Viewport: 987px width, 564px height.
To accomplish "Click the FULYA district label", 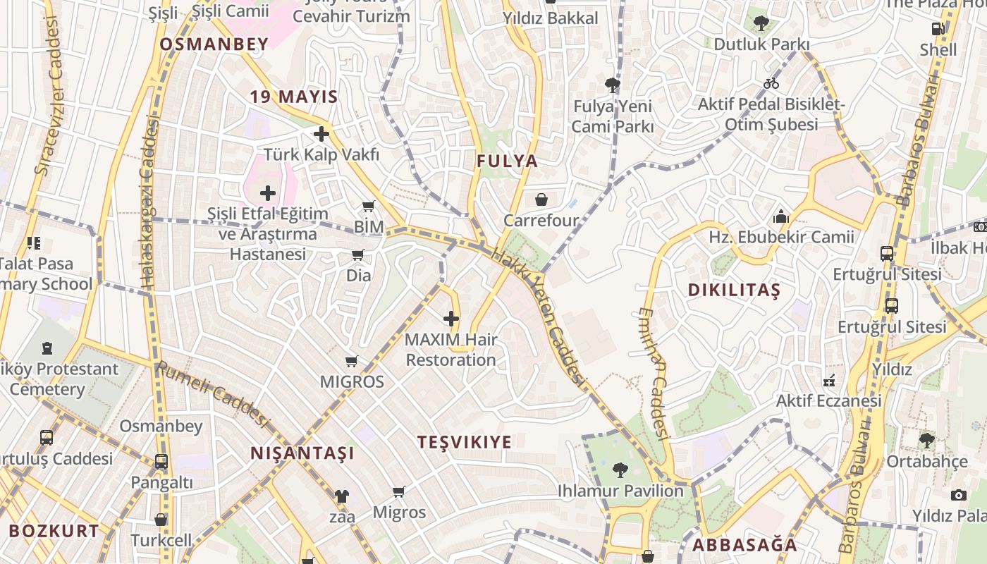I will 507,161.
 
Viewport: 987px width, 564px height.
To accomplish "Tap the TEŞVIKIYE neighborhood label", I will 465,442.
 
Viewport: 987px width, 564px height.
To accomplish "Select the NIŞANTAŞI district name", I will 302,453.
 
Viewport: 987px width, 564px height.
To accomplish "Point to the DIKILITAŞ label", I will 734,290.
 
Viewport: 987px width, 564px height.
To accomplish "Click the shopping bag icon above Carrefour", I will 541,200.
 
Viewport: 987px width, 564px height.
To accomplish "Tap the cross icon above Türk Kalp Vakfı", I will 321,133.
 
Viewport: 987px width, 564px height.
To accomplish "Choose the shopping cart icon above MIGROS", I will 352,361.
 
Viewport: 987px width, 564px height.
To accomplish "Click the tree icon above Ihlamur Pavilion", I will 620,469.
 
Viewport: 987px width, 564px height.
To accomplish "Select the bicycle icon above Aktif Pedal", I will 771,83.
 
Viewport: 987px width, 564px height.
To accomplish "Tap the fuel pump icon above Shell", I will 938,29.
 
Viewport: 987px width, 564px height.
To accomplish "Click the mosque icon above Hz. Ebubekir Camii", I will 781,216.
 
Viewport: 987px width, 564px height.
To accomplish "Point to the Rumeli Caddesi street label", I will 213,395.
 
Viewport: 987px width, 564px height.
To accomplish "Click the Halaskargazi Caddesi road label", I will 149,204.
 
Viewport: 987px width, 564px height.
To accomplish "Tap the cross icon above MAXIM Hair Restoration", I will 451,319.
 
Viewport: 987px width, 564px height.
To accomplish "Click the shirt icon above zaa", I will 342,496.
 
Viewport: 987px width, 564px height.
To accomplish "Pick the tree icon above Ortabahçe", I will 926,441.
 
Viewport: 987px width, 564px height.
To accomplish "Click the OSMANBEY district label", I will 214,44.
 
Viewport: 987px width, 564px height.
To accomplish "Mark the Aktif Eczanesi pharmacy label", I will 828,400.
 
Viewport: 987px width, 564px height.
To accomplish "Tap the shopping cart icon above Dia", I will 358,255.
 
